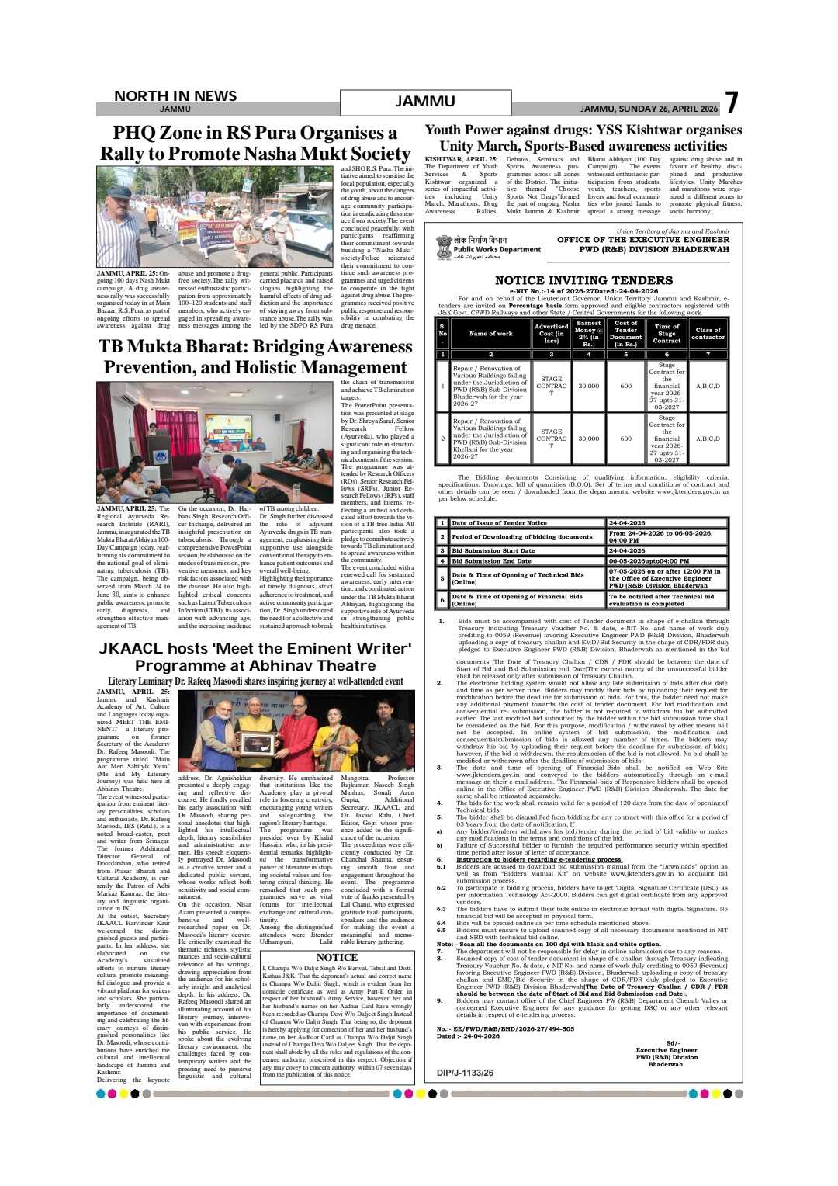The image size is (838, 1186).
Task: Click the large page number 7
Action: (730, 103)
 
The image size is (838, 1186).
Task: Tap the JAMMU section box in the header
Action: (425, 102)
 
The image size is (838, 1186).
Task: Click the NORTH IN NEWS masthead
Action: (175, 95)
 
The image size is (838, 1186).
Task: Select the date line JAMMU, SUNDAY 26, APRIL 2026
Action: (649, 109)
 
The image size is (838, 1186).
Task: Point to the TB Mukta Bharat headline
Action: (255, 356)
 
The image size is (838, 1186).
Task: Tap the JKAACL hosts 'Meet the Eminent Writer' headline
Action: (255, 657)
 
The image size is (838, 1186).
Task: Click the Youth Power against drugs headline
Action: (583, 137)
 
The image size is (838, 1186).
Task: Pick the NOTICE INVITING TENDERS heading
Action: (583, 280)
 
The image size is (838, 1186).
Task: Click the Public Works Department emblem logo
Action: (444, 247)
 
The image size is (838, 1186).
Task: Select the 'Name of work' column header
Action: (490, 334)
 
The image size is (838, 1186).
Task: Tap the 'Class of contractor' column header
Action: (708, 334)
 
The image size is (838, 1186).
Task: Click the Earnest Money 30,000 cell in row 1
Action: (589, 386)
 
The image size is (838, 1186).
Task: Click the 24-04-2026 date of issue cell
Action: (667, 523)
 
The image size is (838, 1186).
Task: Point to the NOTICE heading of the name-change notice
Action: (337, 958)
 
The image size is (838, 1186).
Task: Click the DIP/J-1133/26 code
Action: (465, 1073)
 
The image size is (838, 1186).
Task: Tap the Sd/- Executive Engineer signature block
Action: (667, 1053)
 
